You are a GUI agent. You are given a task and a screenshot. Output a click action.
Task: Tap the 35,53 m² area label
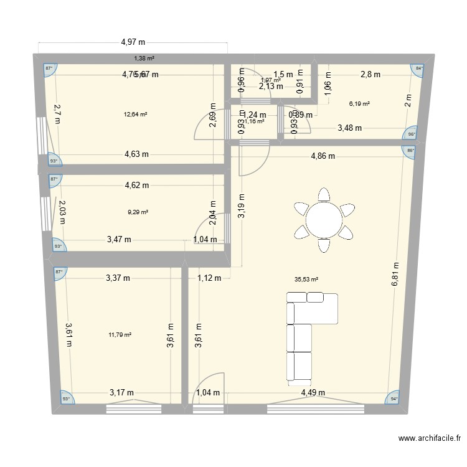pos(306,280)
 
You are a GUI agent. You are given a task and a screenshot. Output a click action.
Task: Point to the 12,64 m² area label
pos(135,115)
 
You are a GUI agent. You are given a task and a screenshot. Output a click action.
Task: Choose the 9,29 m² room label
pos(138,212)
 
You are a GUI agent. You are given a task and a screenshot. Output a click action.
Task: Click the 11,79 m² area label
pos(120,334)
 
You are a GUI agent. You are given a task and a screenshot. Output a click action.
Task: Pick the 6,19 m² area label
pos(359,104)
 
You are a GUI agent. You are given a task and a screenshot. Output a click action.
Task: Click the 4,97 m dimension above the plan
pos(133,42)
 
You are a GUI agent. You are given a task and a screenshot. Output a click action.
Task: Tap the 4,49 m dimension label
pos(314,392)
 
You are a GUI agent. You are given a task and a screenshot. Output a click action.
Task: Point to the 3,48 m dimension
pos(349,128)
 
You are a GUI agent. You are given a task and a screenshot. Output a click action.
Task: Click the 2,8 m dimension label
pos(370,75)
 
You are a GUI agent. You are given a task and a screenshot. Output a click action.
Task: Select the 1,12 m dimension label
pos(209,278)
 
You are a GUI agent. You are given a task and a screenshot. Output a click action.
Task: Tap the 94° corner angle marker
pos(394,399)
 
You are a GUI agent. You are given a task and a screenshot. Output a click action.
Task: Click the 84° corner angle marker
pos(419,69)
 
